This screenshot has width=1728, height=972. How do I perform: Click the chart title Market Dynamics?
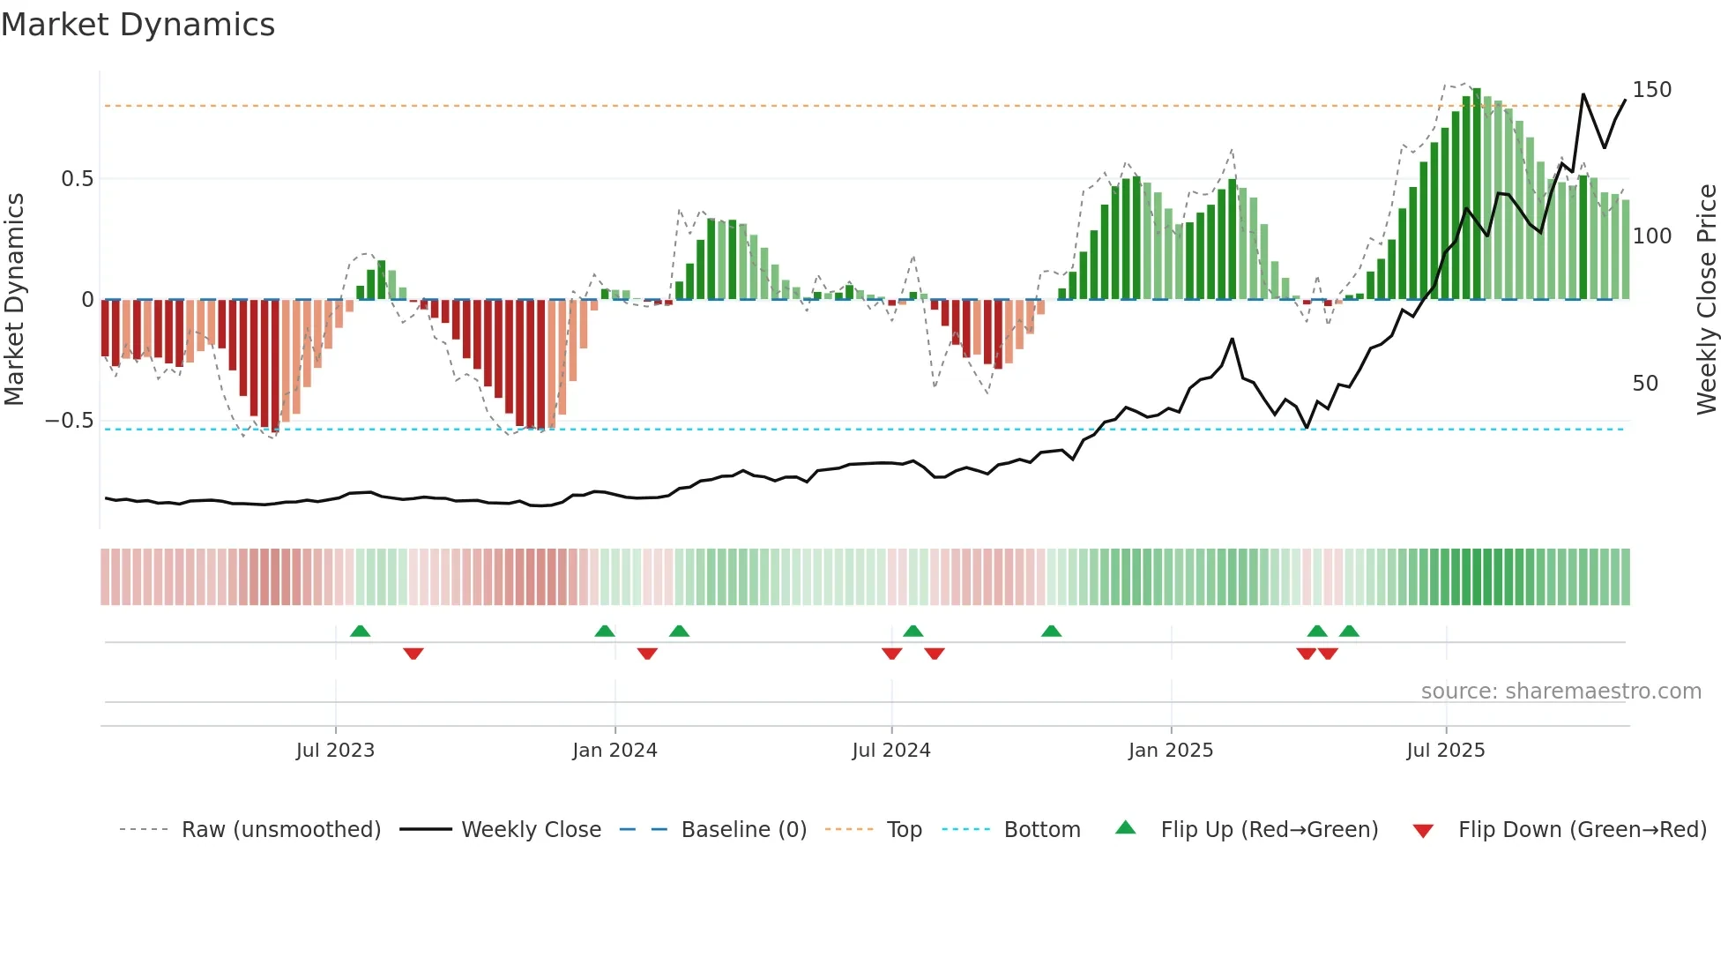[138, 25]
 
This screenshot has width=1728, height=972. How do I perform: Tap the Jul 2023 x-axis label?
[335, 751]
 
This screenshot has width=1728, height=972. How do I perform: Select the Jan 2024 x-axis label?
[614, 751]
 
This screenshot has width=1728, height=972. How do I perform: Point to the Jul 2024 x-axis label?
[891, 751]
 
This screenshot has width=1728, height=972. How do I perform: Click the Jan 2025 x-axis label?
[1171, 751]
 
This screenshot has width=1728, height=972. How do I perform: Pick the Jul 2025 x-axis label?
[1446, 751]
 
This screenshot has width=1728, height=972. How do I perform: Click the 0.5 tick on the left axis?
[77, 179]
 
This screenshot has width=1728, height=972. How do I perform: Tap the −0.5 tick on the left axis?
[69, 421]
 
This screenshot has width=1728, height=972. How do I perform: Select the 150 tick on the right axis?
[1651, 90]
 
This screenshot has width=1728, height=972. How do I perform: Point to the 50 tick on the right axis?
[1645, 384]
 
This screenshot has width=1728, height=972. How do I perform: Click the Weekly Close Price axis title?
[1707, 300]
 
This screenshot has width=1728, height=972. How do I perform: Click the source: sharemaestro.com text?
[1560, 692]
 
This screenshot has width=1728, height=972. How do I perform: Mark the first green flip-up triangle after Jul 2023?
[360, 631]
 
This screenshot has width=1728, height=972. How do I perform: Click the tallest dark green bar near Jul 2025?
[1477, 194]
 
